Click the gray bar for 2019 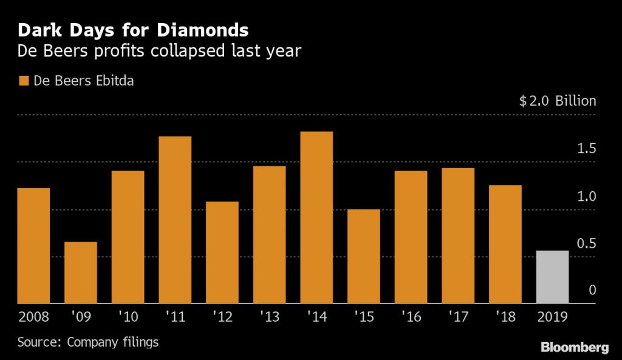552,277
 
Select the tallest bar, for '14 316,217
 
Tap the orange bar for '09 81,273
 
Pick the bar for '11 175,220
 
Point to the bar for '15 364,256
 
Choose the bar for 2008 33,246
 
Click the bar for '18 505,244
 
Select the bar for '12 222,253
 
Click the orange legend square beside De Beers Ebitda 24,81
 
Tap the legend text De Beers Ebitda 83,81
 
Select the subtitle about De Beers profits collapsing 159,51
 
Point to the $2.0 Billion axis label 558,101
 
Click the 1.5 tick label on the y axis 586,149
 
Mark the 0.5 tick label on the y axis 586,244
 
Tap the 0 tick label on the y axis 592,291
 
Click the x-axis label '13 269,317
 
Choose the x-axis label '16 411,317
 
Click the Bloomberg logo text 575,347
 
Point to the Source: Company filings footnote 88,342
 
